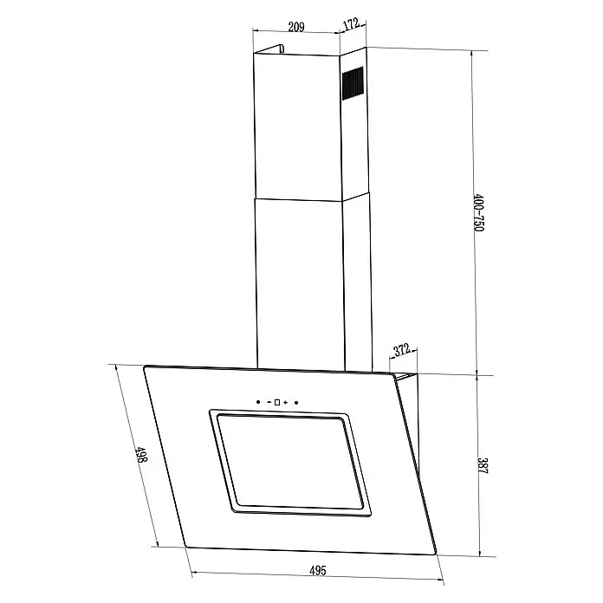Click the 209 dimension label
pyautogui.click(x=296, y=27)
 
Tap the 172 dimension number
pyautogui.click(x=351, y=24)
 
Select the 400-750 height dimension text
pyautogui.click(x=478, y=212)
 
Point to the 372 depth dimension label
pyautogui.click(x=402, y=351)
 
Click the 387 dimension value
pyautogui.click(x=483, y=465)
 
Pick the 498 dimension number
pyautogui.click(x=141, y=455)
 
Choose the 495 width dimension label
pyautogui.click(x=318, y=570)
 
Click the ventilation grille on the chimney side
pyautogui.click(x=353, y=83)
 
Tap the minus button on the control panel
pyautogui.click(x=269, y=402)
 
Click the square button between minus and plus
pyautogui.click(x=277, y=402)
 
